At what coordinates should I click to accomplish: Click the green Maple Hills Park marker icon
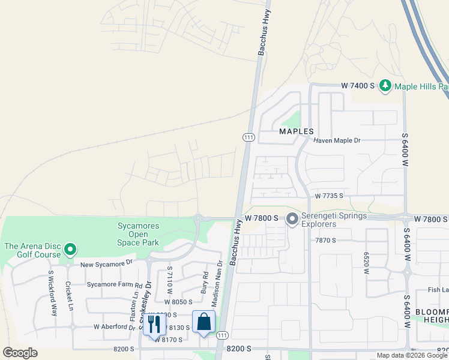pos(385,86)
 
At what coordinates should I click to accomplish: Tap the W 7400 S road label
pos(358,86)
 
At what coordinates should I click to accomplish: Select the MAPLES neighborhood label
pos(297,131)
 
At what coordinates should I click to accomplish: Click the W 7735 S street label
pos(328,196)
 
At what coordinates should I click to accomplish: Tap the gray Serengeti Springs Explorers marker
pos(292,220)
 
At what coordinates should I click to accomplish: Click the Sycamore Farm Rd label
pos(115,284)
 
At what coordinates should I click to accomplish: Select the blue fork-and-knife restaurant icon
pos(154,324)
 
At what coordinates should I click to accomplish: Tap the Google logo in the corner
pos(20,353)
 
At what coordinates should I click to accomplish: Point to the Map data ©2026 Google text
pos(412,355)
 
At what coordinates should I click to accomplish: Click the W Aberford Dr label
pos(115,327)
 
